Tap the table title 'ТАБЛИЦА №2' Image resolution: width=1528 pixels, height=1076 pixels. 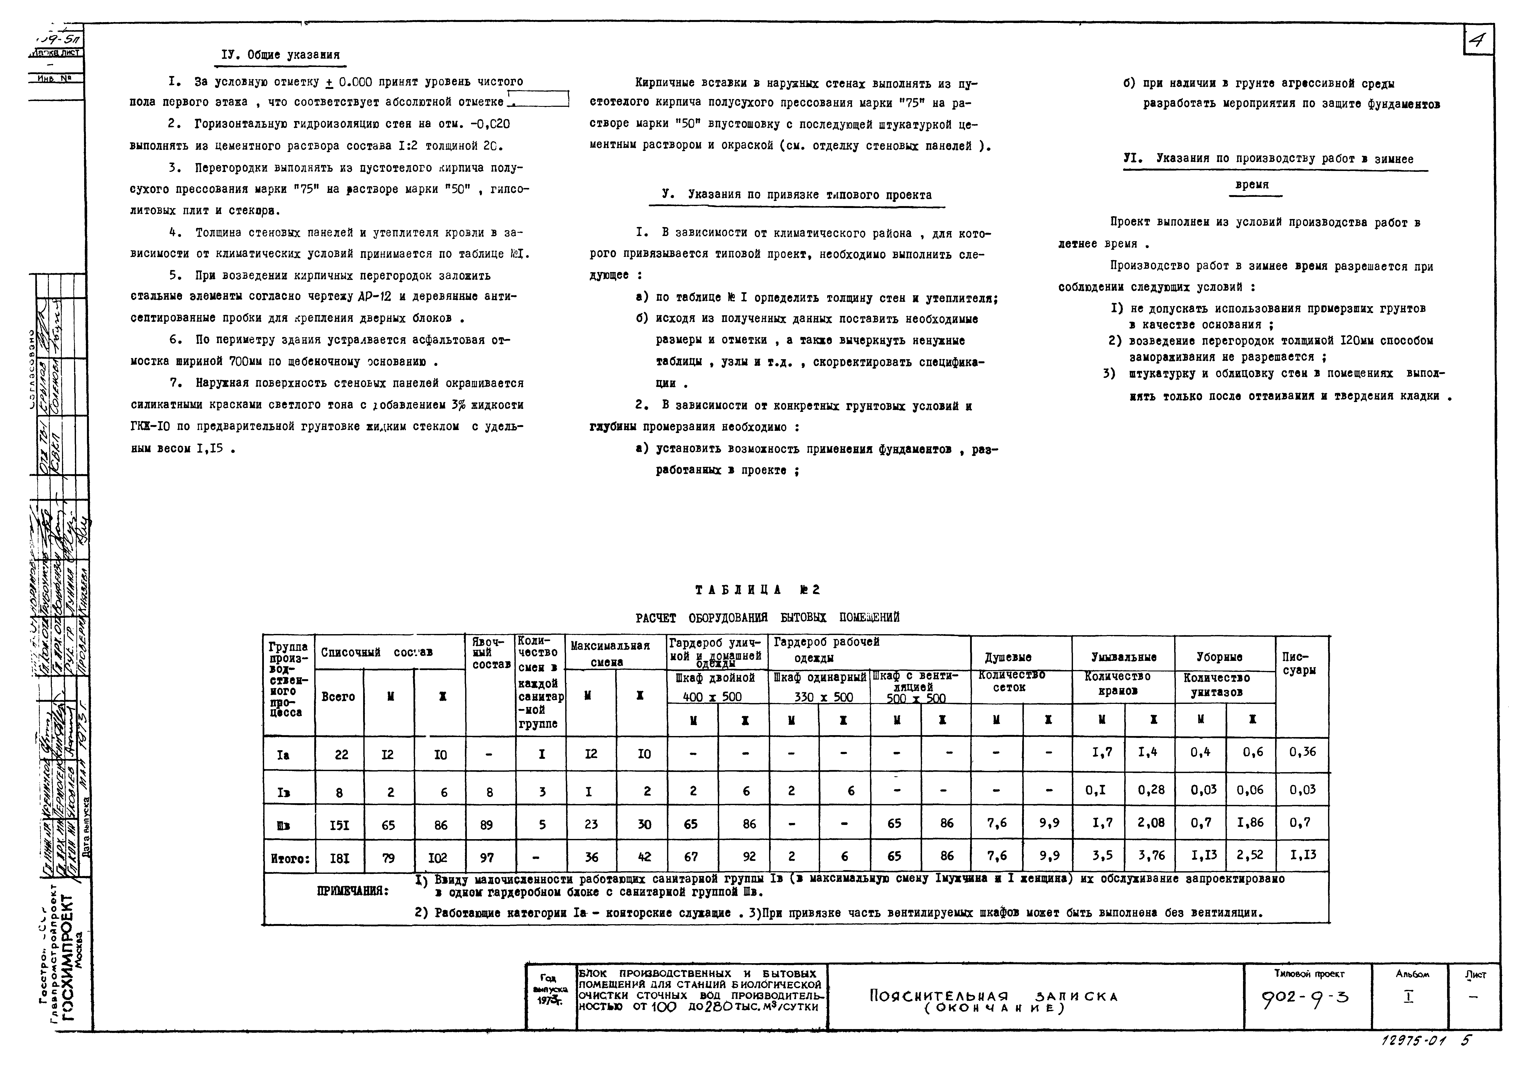tap(757, 590)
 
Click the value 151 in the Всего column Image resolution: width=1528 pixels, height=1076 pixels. tap(339, 825)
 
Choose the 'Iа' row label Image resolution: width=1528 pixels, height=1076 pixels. tap(283, 755)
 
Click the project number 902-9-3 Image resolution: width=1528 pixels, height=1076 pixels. tap(1304, 999)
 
